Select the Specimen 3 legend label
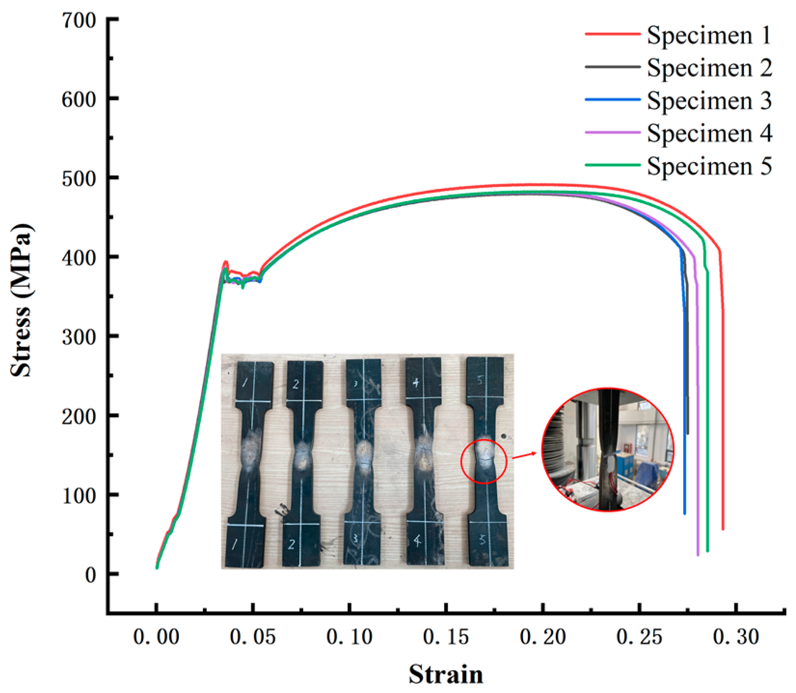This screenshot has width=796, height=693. tap(709, 100)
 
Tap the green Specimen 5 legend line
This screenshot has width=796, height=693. tap(613, 165)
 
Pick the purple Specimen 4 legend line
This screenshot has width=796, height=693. tap(613, 132)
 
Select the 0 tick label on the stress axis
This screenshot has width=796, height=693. tap(90, 575)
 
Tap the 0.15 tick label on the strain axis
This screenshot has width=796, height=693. tap(446, 637)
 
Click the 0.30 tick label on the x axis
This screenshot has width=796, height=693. tap(736, 637)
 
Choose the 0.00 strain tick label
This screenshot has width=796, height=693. tap(156, 637)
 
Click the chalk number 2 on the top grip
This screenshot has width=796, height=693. tap(296, 384)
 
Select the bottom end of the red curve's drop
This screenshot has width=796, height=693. tap(722, 529)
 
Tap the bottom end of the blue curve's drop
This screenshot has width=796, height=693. tap(684, 513)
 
